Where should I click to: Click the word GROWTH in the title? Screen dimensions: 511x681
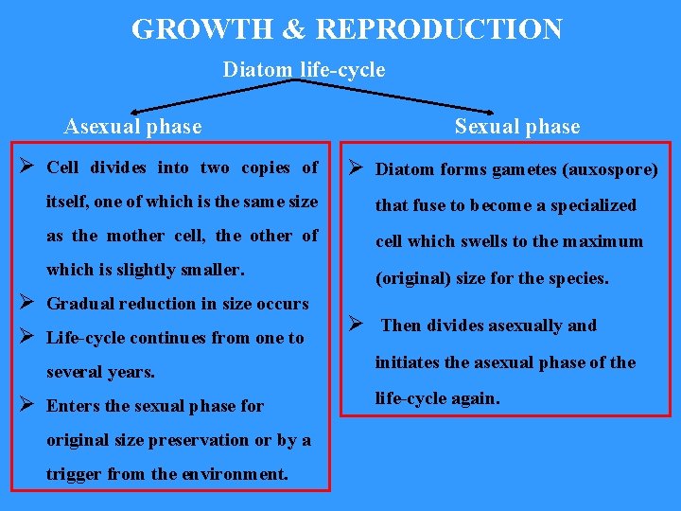point(201,29)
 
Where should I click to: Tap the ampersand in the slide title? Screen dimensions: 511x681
point(293,29)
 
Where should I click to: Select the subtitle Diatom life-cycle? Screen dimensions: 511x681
point(304,70)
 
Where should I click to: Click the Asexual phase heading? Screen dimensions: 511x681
point(132,126)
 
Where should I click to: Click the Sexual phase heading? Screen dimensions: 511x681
point(517,126)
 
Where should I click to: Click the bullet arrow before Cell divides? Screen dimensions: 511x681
point(28,167)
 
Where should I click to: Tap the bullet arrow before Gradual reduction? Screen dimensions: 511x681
point(28,303)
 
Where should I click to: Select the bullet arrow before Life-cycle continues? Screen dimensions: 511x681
point(28,337)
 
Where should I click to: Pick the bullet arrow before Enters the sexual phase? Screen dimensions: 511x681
point(28,405)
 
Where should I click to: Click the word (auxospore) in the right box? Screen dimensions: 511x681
point(606,170)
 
